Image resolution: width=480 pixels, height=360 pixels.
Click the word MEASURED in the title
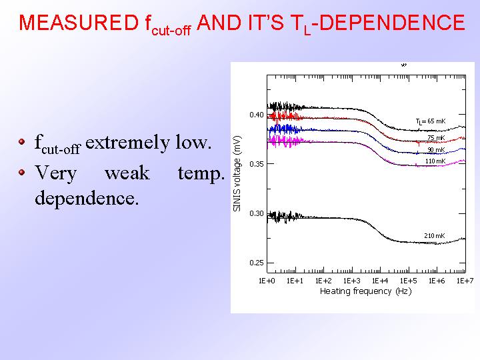click(x=79, y=23)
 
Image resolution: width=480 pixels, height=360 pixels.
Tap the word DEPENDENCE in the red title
click(x=391, y=23)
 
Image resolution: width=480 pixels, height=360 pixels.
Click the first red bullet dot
click(x=21, y=141)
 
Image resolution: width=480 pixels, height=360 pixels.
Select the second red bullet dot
click(x=21, y=173)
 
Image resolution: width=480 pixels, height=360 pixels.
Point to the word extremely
click(x=127, y=143)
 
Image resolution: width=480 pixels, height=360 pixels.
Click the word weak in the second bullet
click(x=127, y=173)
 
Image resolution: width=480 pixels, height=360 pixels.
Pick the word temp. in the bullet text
click(x=201, y=174)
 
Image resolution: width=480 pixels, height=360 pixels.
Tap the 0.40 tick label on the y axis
click(x=256, y=115)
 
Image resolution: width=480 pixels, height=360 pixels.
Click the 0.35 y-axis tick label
click(x=256, y=164)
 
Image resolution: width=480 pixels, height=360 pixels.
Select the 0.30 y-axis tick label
click(x=256, y=213)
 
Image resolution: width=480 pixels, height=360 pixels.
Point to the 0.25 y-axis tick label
click(x=256, y=263)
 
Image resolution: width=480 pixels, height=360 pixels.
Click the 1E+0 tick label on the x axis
click(x=267, y=281)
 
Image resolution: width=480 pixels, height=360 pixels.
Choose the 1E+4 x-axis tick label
click(x=380, y=281)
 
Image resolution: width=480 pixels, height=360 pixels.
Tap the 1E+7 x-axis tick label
click(x=465, y=281)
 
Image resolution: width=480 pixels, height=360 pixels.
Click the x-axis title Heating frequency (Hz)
click(x=365, y=291)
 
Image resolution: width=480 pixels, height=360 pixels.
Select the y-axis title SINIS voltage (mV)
click(x=237, y=173)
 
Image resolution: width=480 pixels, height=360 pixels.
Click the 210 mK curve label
click(x=435, y=236)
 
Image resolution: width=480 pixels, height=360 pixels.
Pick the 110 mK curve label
click(x=435, y=161)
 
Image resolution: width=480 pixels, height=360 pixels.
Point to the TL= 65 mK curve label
click(x=431, y=121)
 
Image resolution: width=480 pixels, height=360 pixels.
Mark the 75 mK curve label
click(x=436, y=138)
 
